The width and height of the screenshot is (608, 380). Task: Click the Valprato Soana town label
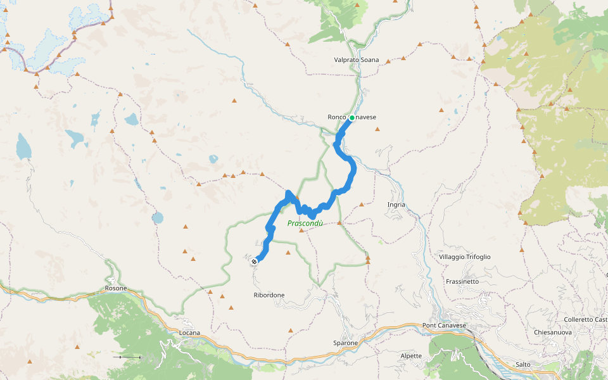[356, 60]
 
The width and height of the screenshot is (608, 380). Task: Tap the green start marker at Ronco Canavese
[351, 118]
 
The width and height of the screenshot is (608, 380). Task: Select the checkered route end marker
[255, 261]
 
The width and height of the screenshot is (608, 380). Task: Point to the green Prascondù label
[305, 223]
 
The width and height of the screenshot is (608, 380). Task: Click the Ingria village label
[396, 205]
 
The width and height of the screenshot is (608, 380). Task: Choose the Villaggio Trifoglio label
[464, 256]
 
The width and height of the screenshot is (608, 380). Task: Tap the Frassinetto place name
[462, 281]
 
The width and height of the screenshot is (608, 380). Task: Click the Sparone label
[345, 343]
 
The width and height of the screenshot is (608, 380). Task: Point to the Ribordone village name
[269, 295]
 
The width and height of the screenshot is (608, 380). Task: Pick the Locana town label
[189, 332]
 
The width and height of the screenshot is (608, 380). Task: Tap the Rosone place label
[116, 288]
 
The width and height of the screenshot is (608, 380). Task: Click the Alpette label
[411, 356]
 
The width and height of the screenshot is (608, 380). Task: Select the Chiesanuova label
[553, 332]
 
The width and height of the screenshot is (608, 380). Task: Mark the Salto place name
[522, 364]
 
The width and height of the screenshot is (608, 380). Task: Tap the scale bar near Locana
[130, 357]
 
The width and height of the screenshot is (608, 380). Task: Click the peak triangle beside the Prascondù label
[301, 231]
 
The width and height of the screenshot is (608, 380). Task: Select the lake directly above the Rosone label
[157, 218]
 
